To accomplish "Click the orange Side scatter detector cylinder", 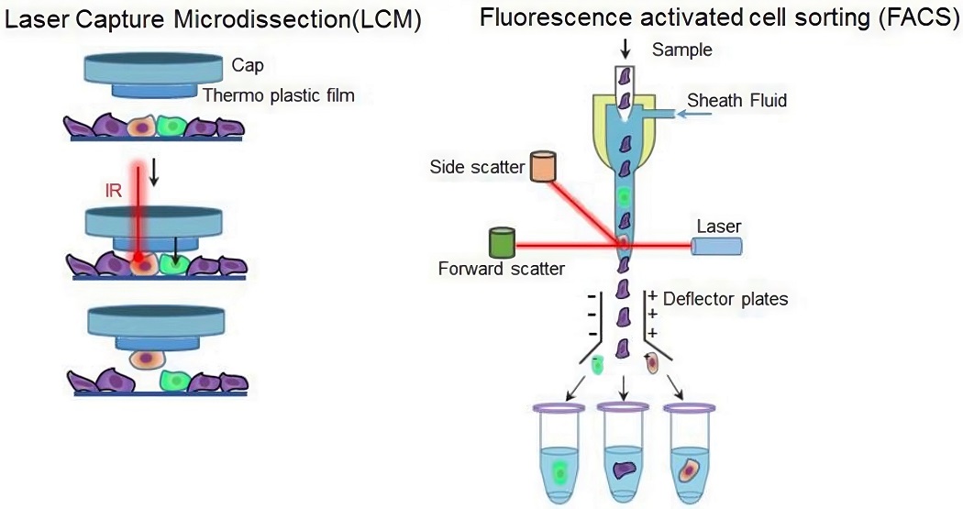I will click(542, 167).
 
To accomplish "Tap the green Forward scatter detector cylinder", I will click(502, 242).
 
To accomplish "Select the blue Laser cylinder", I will click(716, 245).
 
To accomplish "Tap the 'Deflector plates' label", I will click(725, 299).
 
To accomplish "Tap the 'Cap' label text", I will click(246, 65).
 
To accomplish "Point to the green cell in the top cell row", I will click(172, 126).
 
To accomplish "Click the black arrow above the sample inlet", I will click(625, 46).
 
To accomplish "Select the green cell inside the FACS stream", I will click(625, 195).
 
